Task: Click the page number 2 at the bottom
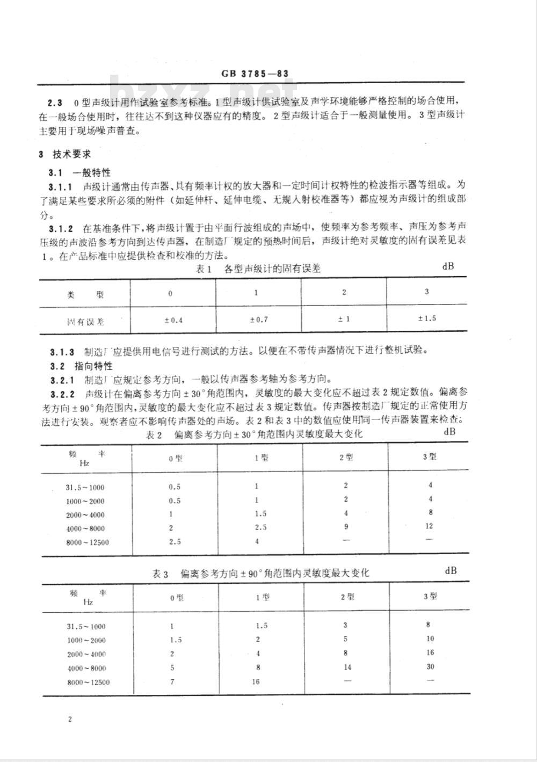pos(69,719)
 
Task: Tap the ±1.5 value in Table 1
pos(427,318)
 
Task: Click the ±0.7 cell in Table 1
pos(258,320)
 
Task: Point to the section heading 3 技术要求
pos(65,154)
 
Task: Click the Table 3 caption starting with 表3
pos(261,574)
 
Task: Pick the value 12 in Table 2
pos(429,526)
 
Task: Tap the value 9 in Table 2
pos(345,527)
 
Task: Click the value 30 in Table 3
pos(430,666)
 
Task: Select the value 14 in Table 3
pos(347,667)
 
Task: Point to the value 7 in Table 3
pos(172,682)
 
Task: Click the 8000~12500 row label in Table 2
pos(88,542)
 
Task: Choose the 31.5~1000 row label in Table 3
pos(86,626)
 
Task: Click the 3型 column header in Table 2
pos(429,456)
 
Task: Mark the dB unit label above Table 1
pos(448,265)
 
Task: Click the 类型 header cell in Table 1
pos(85,295)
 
